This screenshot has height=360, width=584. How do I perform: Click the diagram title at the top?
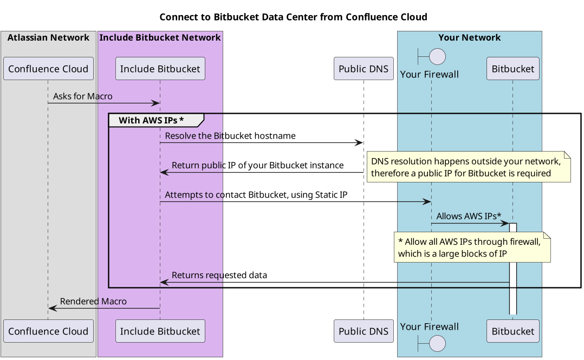[293, 17]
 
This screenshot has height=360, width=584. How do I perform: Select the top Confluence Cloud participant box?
[48, 69]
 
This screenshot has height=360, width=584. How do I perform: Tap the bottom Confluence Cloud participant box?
[48, 331]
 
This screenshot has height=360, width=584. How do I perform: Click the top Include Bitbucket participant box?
[160, 69]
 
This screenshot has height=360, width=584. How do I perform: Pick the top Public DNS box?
[363, 69]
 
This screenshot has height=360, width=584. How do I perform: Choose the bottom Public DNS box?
[363, 331]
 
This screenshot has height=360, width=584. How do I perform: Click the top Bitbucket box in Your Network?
[513, 69]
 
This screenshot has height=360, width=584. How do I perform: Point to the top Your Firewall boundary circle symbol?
[437, 56]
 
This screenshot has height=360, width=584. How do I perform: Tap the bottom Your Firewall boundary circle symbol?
[437, 343]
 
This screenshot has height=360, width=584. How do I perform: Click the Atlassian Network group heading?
[48, 37]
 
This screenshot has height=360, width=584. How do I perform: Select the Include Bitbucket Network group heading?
[160, 37]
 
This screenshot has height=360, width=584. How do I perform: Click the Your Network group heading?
[469, 37]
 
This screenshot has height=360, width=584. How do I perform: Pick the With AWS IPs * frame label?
[151, 120]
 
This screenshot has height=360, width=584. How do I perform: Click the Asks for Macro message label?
[82, 96]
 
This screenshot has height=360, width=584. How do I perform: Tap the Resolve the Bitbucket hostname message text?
[230, 136]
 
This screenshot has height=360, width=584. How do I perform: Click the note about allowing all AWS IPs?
[472, 247]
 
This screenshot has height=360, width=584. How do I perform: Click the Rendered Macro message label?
[93, 302]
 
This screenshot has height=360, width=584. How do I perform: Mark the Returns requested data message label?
[219, 275]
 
